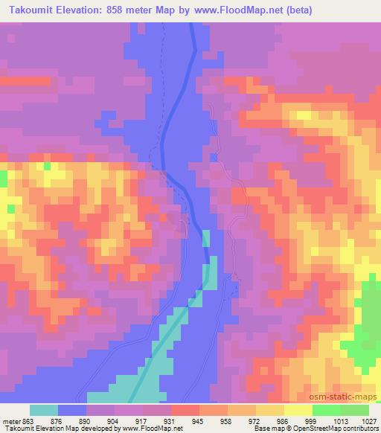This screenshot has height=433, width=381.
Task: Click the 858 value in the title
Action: [121, 10]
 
